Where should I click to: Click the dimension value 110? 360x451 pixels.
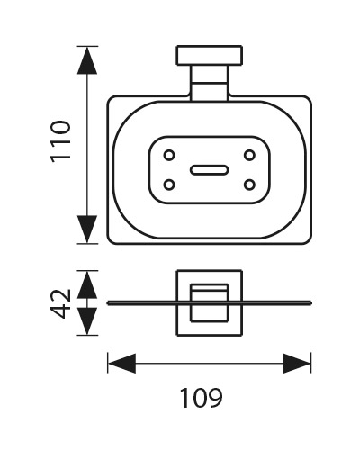pos(60,141)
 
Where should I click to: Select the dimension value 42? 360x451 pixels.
pos(60,303)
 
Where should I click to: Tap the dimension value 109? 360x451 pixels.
pos(202,398)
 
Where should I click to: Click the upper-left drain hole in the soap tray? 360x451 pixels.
pos(169,156)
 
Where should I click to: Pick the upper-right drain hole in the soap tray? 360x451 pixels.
pos(249,156)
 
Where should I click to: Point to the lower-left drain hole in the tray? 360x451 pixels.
pos(169,185)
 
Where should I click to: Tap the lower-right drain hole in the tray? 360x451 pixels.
pos(249,185)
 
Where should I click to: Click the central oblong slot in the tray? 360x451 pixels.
pos(210,170)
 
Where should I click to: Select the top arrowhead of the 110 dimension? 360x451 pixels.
pos(87,60)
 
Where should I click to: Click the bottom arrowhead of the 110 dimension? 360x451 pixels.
pos(87,230)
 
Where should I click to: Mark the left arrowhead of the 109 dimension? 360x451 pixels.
pos(121,364)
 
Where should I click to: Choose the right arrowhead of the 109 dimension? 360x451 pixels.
pos(297,364)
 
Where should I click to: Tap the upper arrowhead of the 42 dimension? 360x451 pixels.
pos(87,284)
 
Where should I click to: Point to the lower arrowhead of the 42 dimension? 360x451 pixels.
pos(87,321)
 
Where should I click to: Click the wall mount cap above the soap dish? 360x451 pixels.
pos(210,55)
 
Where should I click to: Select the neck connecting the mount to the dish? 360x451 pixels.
pos(210,83)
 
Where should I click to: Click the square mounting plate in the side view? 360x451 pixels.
pos(176,303)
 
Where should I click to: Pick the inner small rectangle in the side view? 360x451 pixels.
pos(191,303)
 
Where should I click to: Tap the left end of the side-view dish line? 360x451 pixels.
pos(108,303)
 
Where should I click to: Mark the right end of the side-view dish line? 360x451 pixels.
pos(311,303)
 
